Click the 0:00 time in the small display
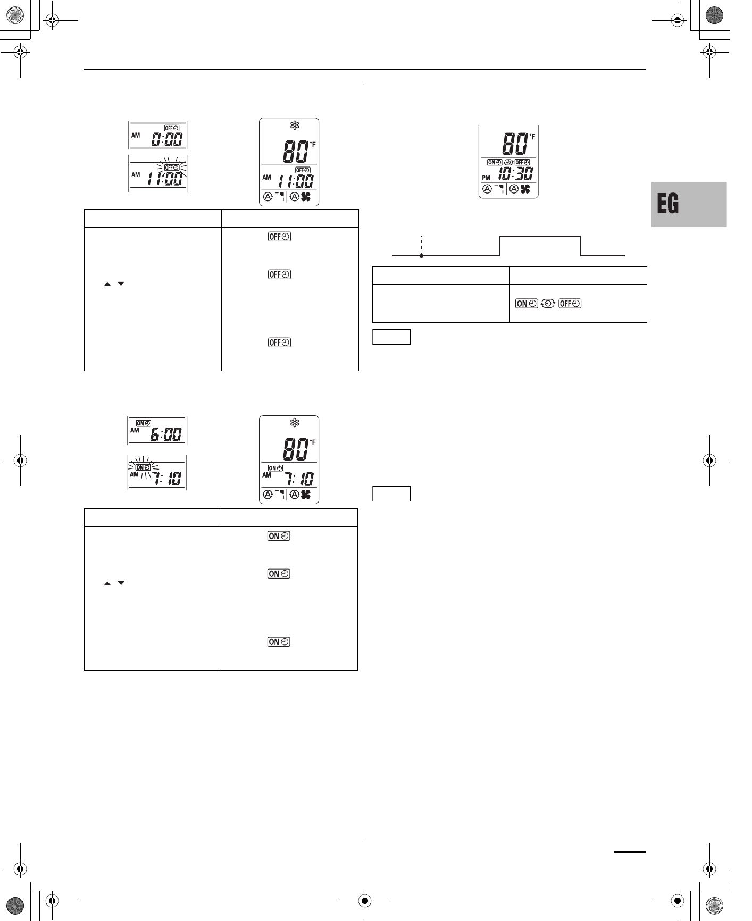click(168, 140)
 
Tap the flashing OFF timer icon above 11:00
click(172, 168)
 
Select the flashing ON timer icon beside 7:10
click(143, 467)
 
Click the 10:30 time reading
click(516, 173)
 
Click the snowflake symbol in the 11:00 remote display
click(295, 125)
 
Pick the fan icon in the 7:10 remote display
click(305, 495)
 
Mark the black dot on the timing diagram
click(421, 256)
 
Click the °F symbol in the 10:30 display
click(532, 137)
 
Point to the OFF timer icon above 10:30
click(522, 162)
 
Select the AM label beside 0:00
click(136, 136)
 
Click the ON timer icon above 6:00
click(144, 423)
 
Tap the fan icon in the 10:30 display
click(525, 189)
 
